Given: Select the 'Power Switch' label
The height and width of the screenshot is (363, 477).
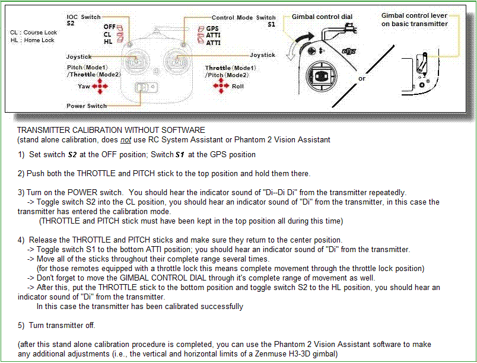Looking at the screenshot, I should (x=87, y=106).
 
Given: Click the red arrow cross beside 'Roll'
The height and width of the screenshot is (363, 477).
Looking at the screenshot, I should (x=221, y=87).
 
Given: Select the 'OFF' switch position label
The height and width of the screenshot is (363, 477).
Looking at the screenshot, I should (x=109, y=27).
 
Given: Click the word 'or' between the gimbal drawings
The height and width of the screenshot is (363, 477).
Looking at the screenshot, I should (x=362, y=78).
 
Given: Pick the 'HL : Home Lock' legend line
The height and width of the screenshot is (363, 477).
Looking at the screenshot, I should (x=32, y=40).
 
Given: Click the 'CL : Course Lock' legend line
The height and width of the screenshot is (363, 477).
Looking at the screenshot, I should (x=33, y=33).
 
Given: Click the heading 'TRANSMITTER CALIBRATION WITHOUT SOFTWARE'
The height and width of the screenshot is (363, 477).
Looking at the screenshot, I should (x=111, y=130).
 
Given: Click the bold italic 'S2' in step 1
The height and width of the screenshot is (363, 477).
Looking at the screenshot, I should (x=74, y=155).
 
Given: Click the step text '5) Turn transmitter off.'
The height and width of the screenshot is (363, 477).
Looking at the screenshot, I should (x=56, y=326).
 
